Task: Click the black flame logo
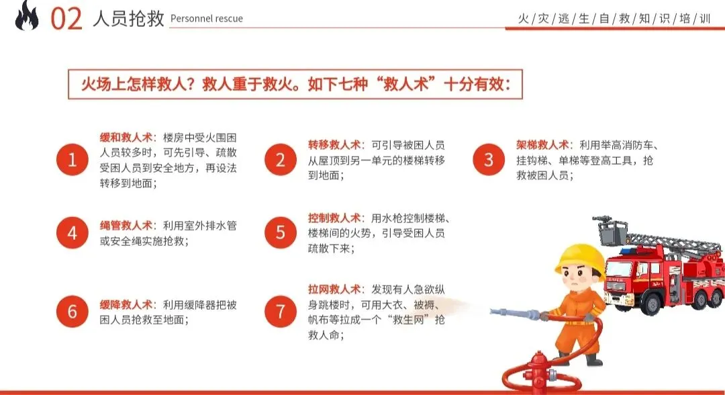point(27,16)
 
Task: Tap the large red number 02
point(66,19)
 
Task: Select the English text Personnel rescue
point(207,19)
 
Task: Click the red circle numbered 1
point(72,160)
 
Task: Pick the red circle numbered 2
point(280,160)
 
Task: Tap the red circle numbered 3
point(489,160)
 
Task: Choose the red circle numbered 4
point(72,232)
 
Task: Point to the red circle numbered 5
point(280,232)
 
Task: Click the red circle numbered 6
point(72,311)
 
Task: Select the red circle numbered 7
point(280,311)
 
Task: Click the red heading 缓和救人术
point(126,137)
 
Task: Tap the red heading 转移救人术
point(334,145)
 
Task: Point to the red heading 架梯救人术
point(542,145)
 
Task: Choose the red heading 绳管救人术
point(126,225)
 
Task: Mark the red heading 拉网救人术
point(334,290)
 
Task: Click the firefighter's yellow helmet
point(580,260)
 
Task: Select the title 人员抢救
point(128,19)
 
